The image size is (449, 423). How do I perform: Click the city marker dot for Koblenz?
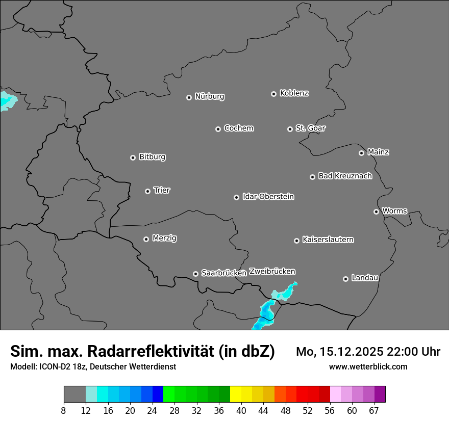tap(273, 94)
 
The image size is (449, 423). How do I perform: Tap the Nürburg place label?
tap(209, 96)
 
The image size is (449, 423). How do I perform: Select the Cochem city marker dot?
tap(218, 129)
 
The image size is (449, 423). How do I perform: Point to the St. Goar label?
tap(310, 128)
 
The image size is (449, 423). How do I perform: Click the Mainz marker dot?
tap(361, 153)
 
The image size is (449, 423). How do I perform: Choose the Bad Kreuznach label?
tap(345, 176)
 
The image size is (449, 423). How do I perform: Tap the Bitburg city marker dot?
tap(133, 157)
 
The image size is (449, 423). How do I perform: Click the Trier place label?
tap(162, 190)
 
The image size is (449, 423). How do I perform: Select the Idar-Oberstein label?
tap(268, 196)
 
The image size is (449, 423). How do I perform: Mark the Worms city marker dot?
tap(376, 211)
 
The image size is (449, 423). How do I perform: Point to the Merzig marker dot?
tap(146, 239)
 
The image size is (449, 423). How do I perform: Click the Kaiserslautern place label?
tap(328, 240)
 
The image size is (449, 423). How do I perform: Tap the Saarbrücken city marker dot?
tap(195, 274)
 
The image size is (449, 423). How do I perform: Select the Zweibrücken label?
tap(272, 271)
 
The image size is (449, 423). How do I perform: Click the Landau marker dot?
tap(345, 279)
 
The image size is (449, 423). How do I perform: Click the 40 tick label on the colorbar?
tap(241, 410)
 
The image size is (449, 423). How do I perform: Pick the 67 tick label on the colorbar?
tap(374, 410)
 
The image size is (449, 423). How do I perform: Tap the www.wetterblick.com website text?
tap(368, 366)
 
